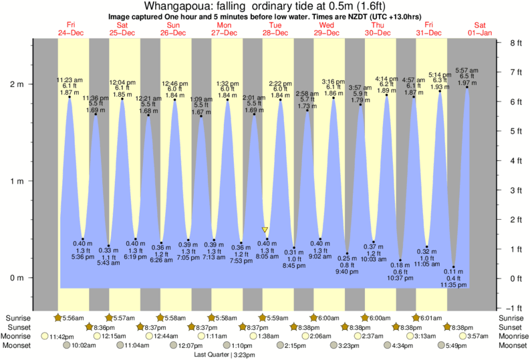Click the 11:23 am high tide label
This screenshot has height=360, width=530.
pyautogui.click(x=69, y=79)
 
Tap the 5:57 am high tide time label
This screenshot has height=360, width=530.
pyautogui.click(x=466, y=70)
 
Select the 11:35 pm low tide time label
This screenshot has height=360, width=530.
pyautogui.click(x=454, y=285)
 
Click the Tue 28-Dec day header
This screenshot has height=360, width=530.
pyautogui.click(x=275, y=29)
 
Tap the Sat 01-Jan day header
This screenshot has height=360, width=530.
pyautogui.click(x=479, y=29)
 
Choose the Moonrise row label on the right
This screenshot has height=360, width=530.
pyautogui.click(x=511, y=336)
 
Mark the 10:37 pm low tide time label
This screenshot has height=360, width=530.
pyautogui.click(x=400, y=278)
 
